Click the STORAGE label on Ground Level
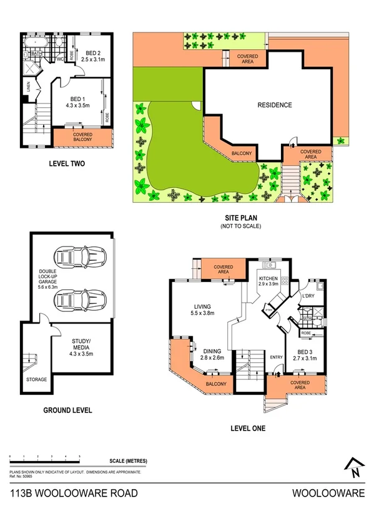click(x=36, y=378)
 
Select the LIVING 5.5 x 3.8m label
click(x=203, y=309)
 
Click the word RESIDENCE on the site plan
click(x=274, y=105)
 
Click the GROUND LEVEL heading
click(x=67, y=410)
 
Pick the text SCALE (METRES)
click(x=127, y=461)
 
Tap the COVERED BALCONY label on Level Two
click(x=82, y=137)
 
